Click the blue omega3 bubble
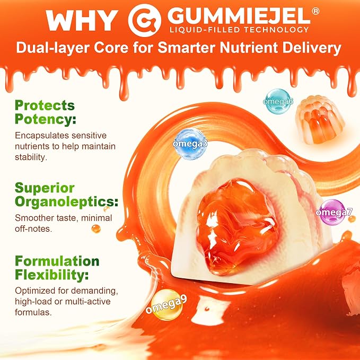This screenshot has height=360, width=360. coord(190,144)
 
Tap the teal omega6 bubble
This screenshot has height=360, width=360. coord(278,101)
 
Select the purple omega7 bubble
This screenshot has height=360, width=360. coord(332,213)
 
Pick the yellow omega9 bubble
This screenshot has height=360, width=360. coord(166,305)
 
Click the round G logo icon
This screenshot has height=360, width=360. coord(144,20)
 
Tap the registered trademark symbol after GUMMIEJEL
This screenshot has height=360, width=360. coord(315,12)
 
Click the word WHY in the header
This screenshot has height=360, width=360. coord(82,20)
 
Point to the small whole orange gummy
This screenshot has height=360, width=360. coord(320,120)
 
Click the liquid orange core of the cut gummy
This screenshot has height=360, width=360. coord(238,226)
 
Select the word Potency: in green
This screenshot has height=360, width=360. coord(45,119)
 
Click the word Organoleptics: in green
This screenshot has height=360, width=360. coord(66,202)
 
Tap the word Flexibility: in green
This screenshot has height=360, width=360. coord(51,275)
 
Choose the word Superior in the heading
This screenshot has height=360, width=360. coord(45,188)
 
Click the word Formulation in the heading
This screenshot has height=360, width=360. coord(57,261)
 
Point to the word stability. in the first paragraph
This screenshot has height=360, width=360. coord(31,157)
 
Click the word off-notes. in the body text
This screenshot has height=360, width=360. coord(33,229)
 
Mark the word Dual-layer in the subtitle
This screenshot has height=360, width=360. coord(52,48)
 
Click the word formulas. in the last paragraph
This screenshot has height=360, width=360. coord(33,312)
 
